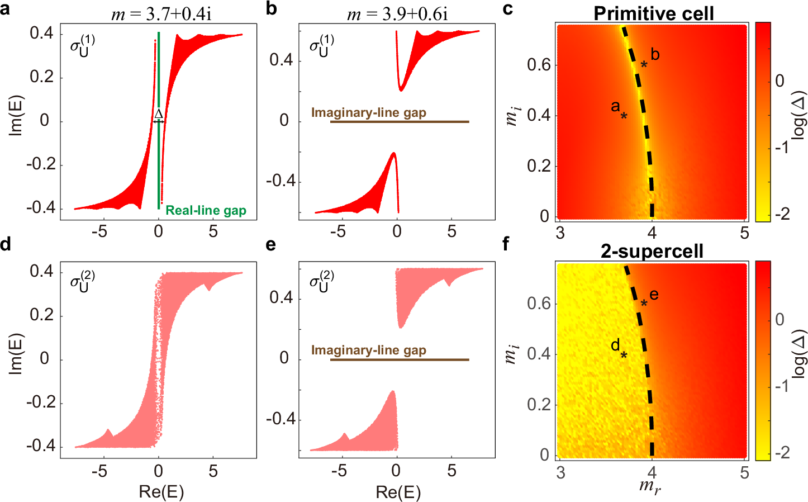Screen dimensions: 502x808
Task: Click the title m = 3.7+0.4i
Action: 161,13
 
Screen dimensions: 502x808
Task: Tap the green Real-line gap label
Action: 206,210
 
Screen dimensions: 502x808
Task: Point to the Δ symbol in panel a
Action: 159,113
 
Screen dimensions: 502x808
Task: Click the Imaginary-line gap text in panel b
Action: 368,112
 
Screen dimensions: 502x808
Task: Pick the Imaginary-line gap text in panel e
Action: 368,350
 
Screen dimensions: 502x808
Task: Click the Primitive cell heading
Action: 653,13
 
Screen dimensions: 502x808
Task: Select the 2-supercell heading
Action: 652,252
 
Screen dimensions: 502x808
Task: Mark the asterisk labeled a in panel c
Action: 624,116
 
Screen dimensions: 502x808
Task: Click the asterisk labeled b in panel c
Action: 644,65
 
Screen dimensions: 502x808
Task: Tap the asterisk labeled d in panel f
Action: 624,355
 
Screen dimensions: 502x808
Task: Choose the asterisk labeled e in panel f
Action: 644,304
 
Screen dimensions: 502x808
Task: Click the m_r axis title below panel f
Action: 650,486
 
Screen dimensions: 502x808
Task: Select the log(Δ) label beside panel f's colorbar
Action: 799,354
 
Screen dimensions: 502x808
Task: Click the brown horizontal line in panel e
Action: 399,359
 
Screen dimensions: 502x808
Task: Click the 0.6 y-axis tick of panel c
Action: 539,65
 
